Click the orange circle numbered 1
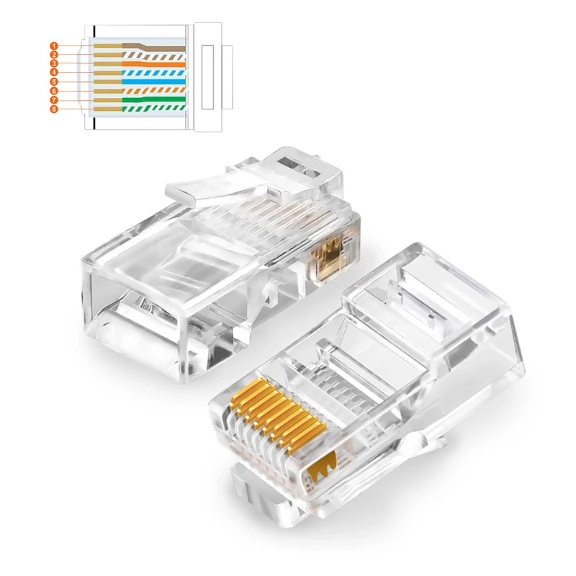[x=54, y=46]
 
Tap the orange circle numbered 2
[x=54, y=55]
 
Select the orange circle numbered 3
[x=54, y=64]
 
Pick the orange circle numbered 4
[x=54, y=73]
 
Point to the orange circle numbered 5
[x=54, y=82]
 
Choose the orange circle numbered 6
[x=54, y=91]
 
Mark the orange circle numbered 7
[x=54, y=100]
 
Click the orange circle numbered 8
[x=54, y=109]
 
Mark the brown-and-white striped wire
[x=158, y=55]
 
